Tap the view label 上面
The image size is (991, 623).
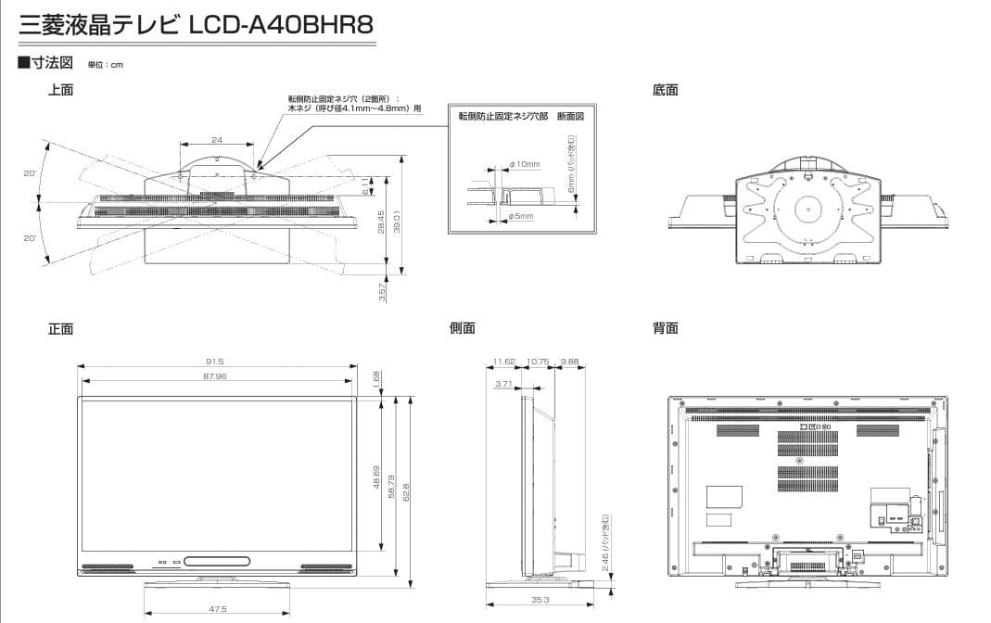coord(60,90)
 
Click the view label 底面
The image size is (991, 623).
coord(665,90)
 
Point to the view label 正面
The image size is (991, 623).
coord(60,329)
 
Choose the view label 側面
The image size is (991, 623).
coord(462,328)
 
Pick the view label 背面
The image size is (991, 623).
coord(665,328)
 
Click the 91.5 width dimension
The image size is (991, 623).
coord(215,362)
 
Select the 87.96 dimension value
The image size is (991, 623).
coord(215,376)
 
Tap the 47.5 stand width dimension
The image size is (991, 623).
coord(218,609)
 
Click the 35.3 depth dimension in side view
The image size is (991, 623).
coord(541,600)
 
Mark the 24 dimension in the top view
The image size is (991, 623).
coord(217,140)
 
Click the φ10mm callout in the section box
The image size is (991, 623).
coord(525,164)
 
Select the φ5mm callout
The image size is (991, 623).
coord(521,216)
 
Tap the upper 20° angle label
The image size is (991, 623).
coord(29,174)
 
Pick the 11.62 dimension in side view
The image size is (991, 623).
coord(504,362)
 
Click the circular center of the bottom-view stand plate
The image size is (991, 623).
coord(807,209)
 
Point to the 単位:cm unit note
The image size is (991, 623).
coord(105,65)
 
